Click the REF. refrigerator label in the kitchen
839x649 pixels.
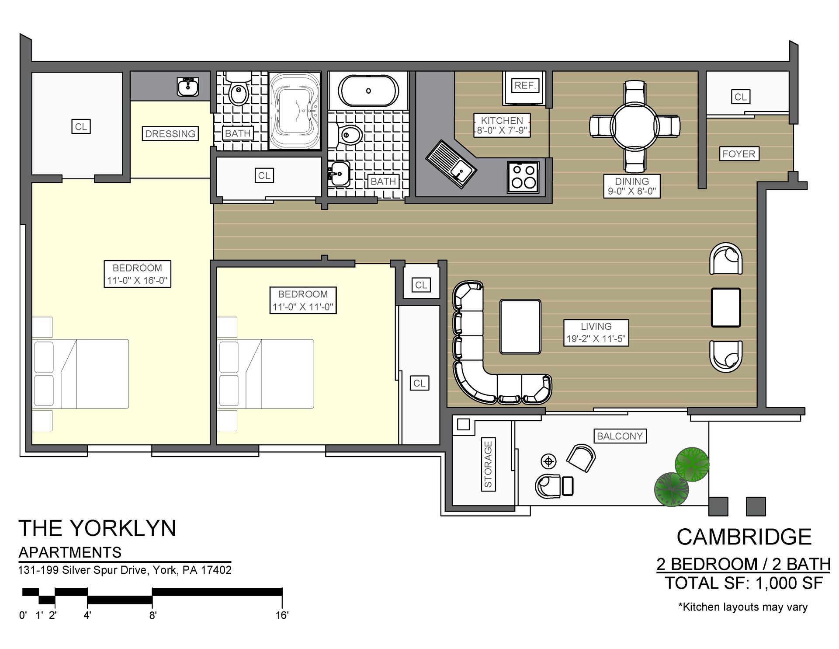525,85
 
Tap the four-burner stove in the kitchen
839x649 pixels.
523,177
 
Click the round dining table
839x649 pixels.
634,126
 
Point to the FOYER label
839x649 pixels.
738,154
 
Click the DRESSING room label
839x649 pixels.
170,134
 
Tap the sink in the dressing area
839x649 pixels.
188,86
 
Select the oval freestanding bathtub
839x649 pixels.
369,91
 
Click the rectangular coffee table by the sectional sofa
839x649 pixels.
520,326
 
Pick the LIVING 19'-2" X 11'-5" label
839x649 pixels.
596,333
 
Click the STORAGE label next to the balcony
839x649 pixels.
488,464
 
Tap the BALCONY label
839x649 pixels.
619,436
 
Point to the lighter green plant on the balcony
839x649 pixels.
691,463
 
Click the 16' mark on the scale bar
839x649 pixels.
282,615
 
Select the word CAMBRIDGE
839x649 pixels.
744,537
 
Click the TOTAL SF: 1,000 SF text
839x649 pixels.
744,583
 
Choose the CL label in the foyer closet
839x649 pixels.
740,97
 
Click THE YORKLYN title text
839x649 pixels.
97,528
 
